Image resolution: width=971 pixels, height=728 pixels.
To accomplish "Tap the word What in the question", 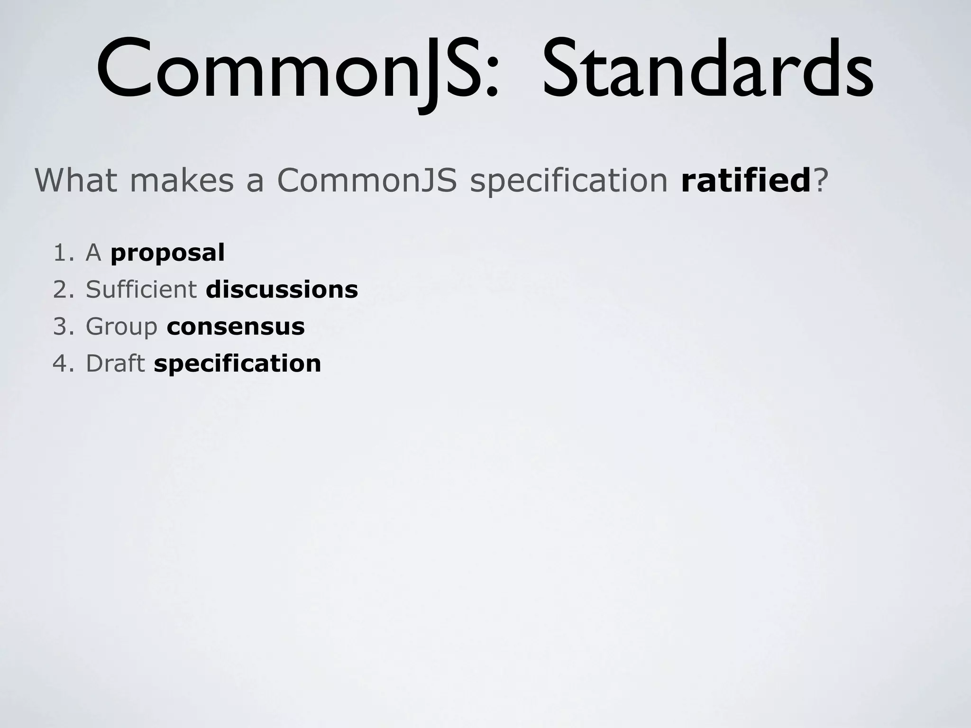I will [x=76, y=180].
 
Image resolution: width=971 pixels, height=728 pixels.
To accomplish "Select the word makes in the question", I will [x=182, y=180].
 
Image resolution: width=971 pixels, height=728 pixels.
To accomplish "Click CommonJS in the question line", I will [x=367, y=180].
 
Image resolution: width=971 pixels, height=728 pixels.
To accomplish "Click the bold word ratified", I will [x=746, y=180].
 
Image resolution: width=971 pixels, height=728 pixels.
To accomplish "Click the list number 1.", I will [x=62, y=253].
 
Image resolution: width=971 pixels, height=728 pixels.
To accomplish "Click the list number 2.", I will [x=62, y=290].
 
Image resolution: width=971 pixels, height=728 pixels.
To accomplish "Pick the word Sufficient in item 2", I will [x=141, y=289].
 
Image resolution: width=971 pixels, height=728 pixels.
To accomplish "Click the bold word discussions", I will [x=282, y=290].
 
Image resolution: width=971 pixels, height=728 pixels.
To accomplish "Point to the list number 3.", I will [x=62, y=327].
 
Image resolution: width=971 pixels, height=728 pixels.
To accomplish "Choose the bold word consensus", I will [x=236, y=327].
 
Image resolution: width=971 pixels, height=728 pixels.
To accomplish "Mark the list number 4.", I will [x=62, y=364].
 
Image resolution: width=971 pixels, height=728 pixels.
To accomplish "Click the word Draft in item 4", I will [x=115, y=364].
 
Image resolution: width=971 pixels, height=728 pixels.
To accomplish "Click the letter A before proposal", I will [x=93, y=253].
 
